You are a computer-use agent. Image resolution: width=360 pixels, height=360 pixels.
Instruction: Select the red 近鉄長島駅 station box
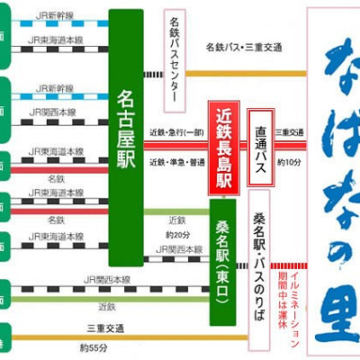coord(225,146)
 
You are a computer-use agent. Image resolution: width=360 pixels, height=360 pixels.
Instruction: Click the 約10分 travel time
coord(288,162)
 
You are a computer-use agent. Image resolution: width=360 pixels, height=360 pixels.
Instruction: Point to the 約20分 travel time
coord(176,234)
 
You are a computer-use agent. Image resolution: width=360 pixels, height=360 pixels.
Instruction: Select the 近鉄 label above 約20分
coord(176,219)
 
